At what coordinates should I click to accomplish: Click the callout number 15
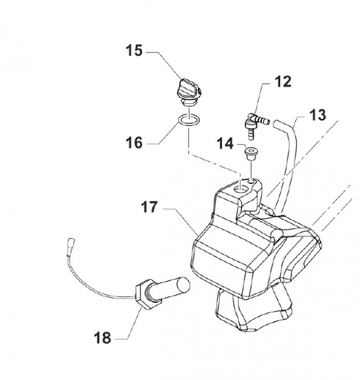pyautogui.click(x=134, y=51)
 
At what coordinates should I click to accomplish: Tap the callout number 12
pyautogui.click(x=283, y=82)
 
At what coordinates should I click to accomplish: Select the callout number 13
pyautogui.click(x=318, y=115)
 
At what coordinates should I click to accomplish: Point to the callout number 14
pyautogui.click(x=225, y=144)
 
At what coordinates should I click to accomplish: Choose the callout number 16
pyautogui.click(x=134, y=142)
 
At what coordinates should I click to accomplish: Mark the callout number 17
pyautogui.click(x=149, y=207)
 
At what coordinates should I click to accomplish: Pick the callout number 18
pyautogui.click(x=102, y=338)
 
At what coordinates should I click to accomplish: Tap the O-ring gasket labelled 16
pyautogui.click(x=189, y=120)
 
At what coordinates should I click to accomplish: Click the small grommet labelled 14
pyautogui.click(x=251, y=153)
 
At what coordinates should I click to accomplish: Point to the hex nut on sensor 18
pyautogui.click(x=146, y=293)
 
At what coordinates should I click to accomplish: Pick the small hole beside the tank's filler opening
pyautogui.click(x=251, y=181)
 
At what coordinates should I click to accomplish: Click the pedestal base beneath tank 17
pyautogui.click(x=254, y=310)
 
